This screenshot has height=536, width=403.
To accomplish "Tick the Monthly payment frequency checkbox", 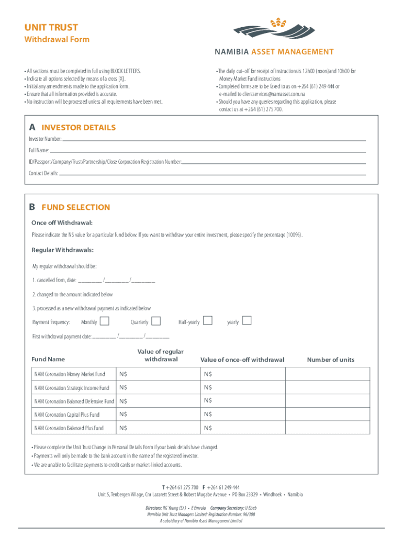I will (x=105, y=320).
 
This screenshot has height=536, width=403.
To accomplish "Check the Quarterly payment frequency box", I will (x=155, y=320).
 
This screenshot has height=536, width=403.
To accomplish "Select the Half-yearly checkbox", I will (x=207, y=320).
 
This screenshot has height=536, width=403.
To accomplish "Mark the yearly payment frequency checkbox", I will (x=247, y=320).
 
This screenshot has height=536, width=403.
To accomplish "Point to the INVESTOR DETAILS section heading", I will (x=79, y=128).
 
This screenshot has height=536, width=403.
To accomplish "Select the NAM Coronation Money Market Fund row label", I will (x=70, y=374).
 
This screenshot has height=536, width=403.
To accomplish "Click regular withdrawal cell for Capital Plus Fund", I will (x=157, y=415).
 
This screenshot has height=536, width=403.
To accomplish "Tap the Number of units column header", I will (x=330, y=360).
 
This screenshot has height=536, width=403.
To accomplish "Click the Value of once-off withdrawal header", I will (x=242, y=360).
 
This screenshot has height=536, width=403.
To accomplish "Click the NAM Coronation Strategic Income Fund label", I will (x=72, y=388).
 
